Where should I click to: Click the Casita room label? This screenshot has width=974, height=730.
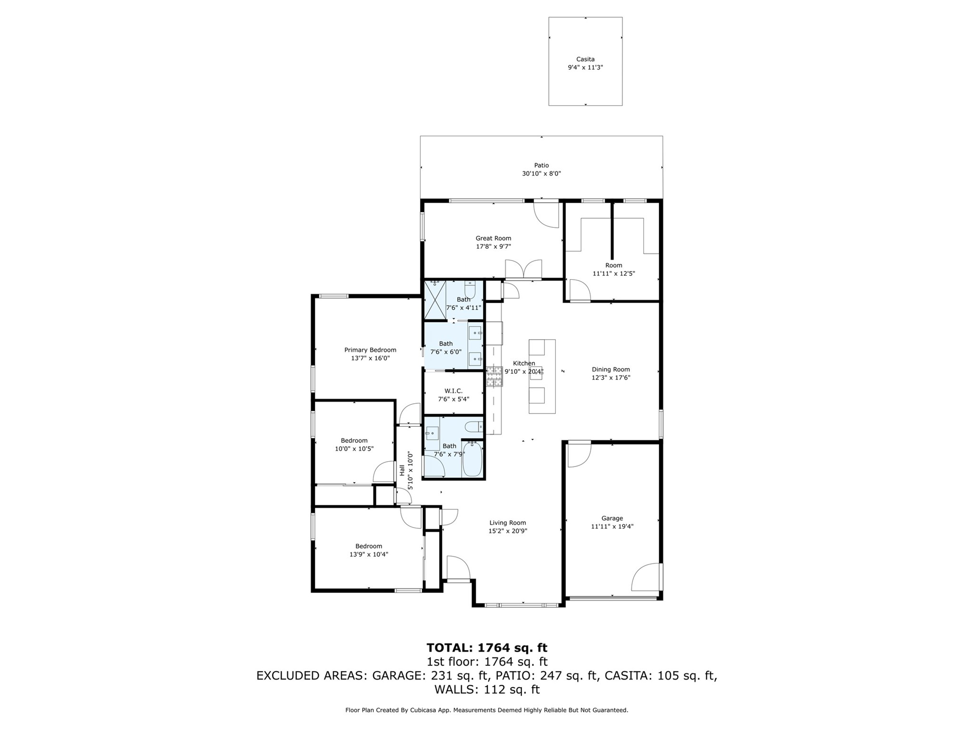coord(585,59)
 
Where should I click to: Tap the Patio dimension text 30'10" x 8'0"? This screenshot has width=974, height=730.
coord(541,174)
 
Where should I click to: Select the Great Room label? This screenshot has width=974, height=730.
coord(493,238)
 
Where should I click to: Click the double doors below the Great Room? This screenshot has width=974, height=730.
coord(523,270)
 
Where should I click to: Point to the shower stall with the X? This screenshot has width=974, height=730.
coord(434,299)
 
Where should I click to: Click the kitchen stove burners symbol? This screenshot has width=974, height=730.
coord(494,376)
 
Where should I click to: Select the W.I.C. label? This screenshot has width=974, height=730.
coord(453,391)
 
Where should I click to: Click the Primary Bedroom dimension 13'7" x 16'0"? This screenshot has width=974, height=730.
coord(370,358)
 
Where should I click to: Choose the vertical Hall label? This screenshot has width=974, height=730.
coord(402,470)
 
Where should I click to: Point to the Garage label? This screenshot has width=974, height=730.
coord(612,518)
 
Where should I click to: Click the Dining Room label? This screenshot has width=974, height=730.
coord(610,370)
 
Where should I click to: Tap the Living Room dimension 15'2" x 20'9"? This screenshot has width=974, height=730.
coord(507,531)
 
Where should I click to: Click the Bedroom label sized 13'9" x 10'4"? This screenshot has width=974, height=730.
coord(368,546)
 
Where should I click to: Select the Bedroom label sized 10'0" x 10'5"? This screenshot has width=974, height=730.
coord(354,440)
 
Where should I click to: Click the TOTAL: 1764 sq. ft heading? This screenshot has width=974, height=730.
coord(486,648)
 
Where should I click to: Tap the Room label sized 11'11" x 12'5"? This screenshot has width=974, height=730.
coord(613,265)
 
